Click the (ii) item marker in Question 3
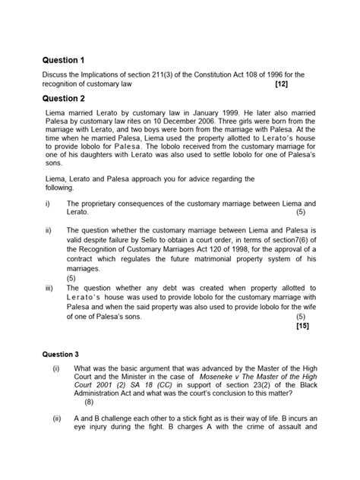tap(56, 418)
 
